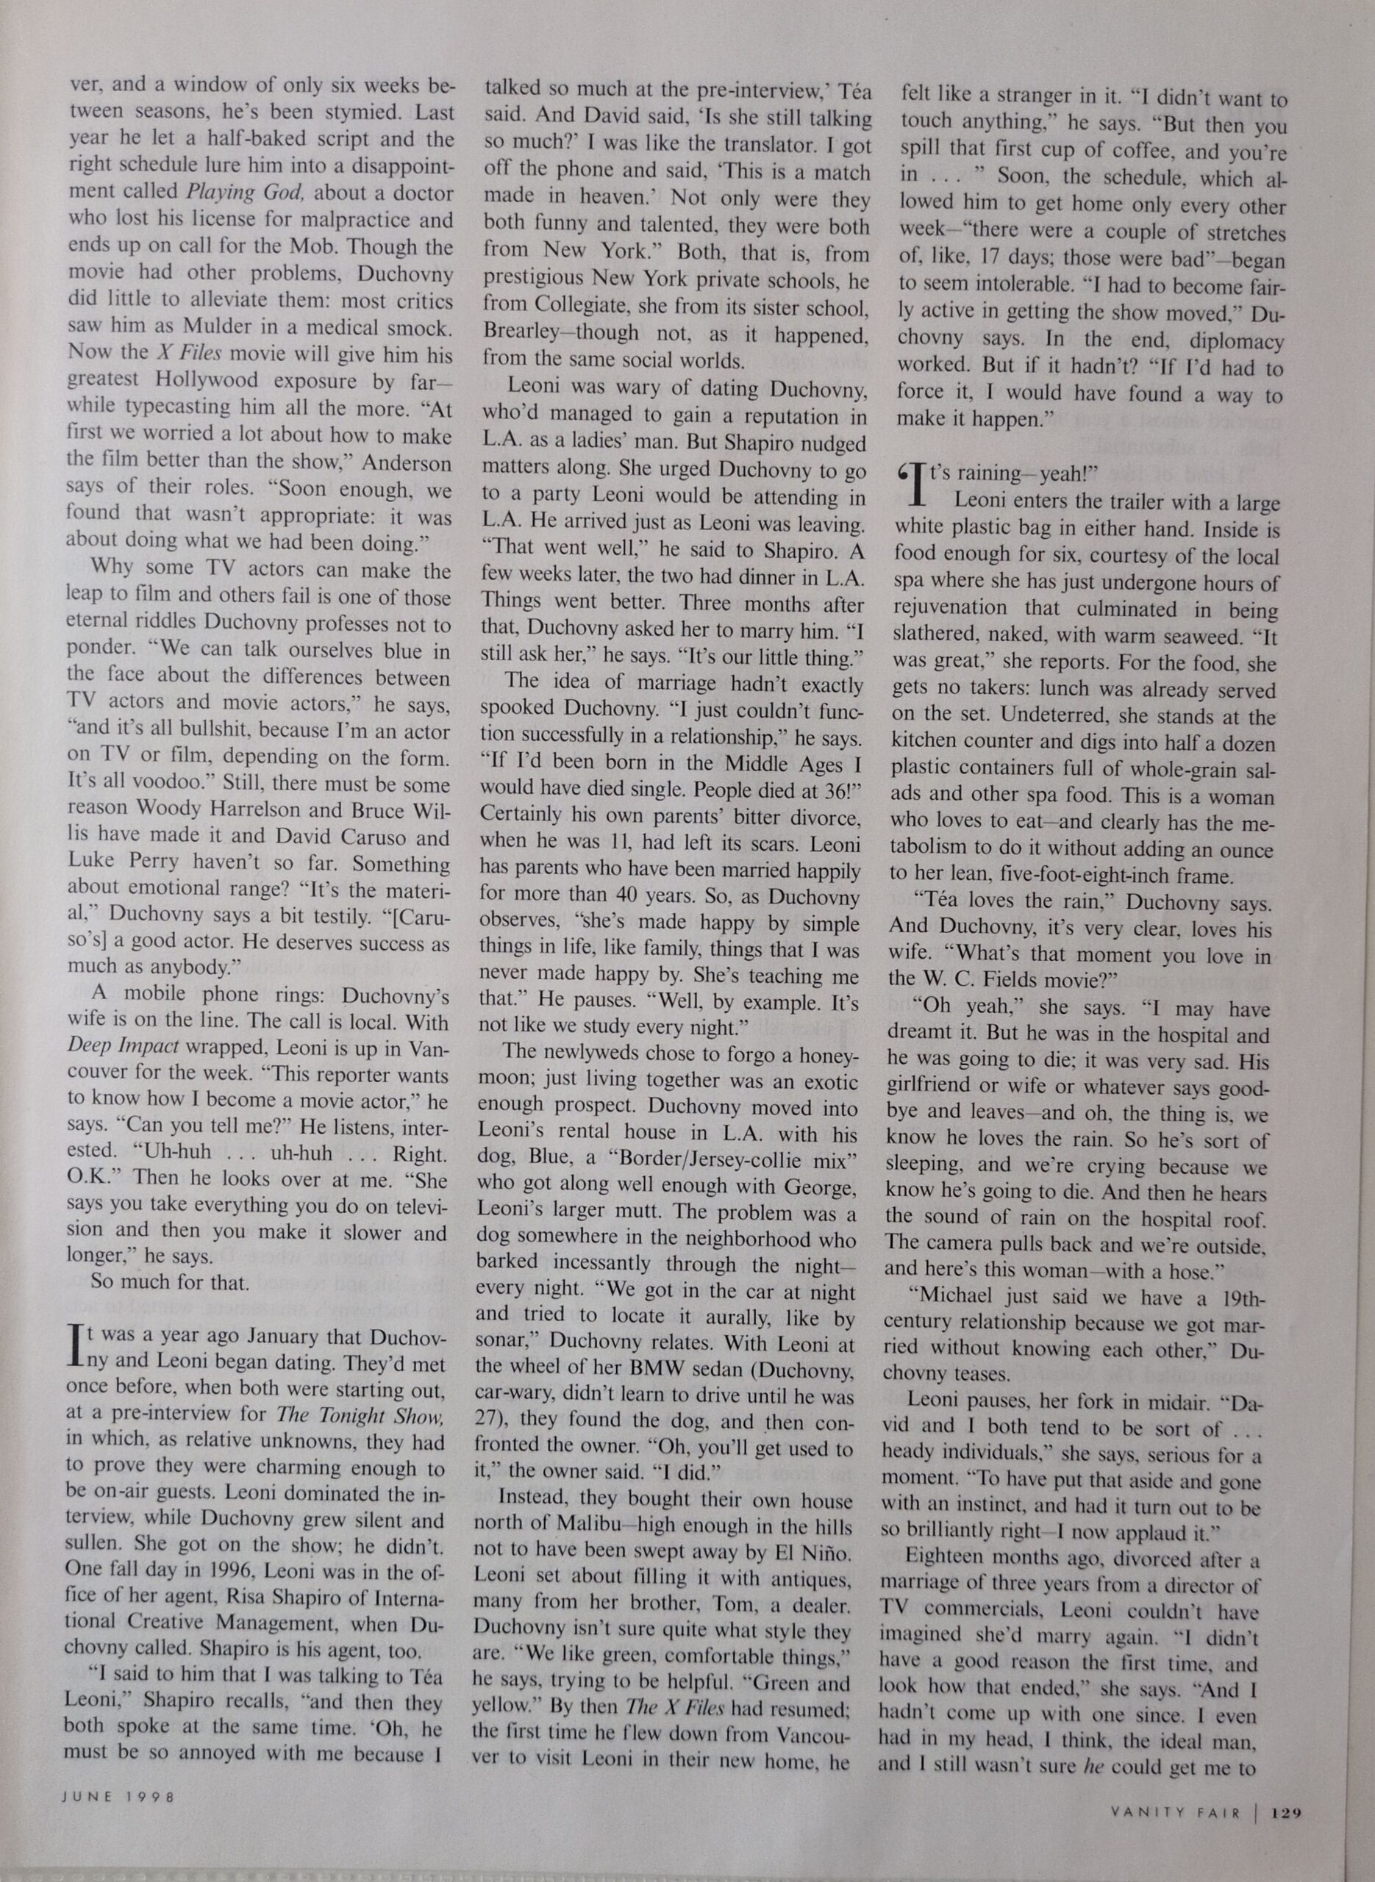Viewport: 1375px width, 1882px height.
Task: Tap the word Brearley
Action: coord(523,334)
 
